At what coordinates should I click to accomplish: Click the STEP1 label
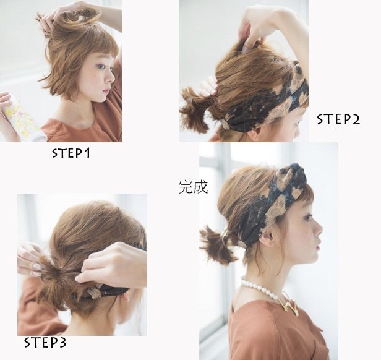coord(71,153)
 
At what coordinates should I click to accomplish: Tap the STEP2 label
coord(338,119)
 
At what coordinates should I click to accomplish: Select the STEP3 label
coord(45,343)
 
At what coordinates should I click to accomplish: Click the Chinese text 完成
coord(193,187)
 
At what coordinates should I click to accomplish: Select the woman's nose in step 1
coord(111,77)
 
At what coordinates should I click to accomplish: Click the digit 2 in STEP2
coord(356,119)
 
